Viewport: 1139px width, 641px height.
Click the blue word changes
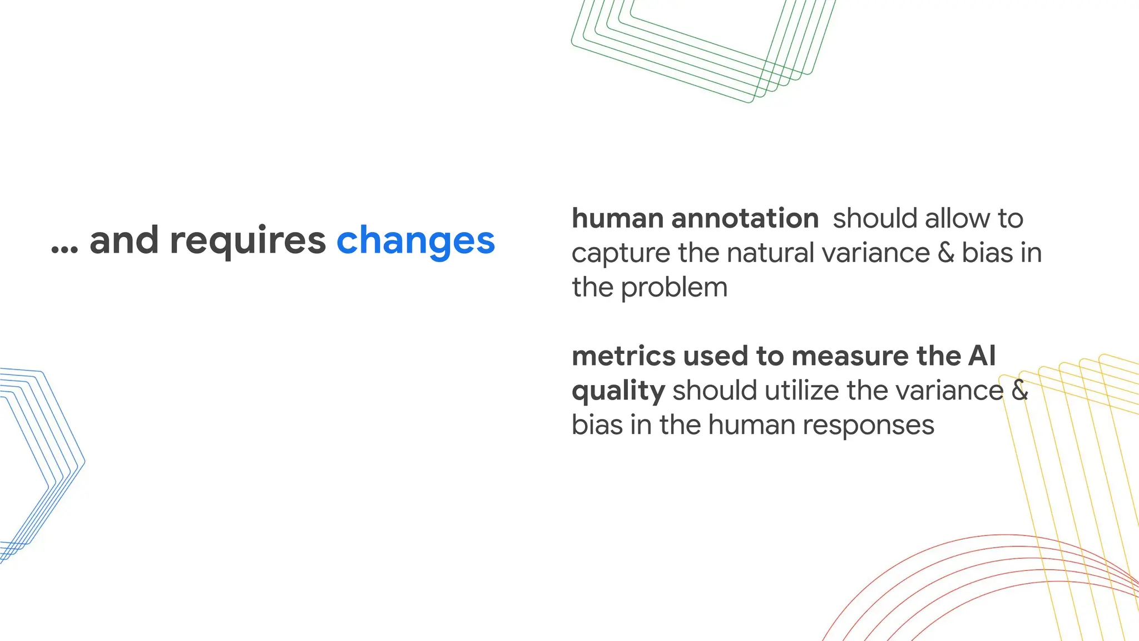(415, 241)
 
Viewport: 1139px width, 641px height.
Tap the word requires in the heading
(247, 241)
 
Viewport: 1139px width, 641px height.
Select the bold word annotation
(745, 218)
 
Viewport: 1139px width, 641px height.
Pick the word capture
(621, 254)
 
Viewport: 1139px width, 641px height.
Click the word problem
(674, 288)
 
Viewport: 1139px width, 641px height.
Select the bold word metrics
(623, 356)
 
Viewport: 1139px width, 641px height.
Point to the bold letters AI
(982, 356)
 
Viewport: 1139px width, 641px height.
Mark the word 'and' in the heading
(124, 241)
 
